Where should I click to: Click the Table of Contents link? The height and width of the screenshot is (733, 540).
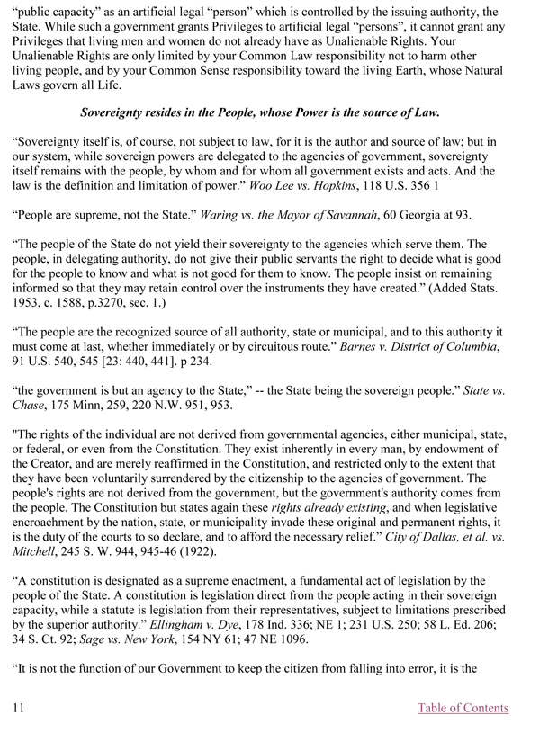(x=463, y=708)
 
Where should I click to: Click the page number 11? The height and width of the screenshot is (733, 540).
(x=18, y=708)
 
